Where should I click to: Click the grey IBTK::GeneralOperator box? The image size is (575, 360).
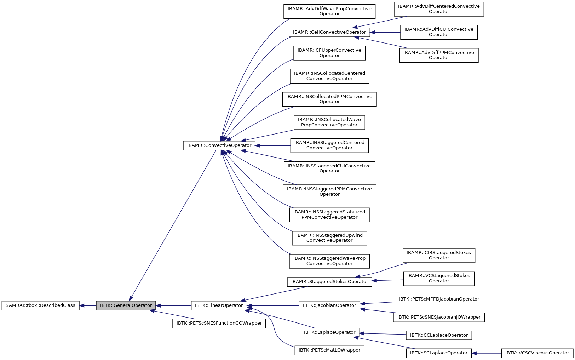[126, 305]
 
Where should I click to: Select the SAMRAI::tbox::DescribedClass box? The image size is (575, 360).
[40, 305]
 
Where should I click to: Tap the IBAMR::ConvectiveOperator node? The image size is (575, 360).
[219, 145]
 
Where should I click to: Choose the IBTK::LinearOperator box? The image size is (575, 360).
[219, 305]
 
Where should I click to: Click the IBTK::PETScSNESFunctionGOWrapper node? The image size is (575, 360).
[219, 323]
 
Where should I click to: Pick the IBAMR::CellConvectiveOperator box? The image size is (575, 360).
[329, 32]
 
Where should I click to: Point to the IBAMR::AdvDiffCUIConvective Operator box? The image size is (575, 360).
[438, 32]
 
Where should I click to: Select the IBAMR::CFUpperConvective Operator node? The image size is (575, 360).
[329, 53]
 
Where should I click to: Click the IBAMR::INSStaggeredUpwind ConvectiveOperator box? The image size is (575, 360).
[329, 238]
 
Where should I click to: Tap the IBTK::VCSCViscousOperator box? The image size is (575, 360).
[537, 353]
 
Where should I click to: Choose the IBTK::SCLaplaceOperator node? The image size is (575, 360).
[438, 353]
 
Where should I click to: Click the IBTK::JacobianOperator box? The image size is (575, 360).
[329, 305]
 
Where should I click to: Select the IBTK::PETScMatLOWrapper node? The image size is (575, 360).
[329, 350]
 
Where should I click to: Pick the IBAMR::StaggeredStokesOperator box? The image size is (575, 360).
[329, 282]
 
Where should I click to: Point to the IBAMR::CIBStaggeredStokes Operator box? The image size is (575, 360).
[438, 255]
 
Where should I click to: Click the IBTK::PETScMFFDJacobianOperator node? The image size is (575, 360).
[438, 299]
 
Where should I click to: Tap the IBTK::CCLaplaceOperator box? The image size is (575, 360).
[438, 335]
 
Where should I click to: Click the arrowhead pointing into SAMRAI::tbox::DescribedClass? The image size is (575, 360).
[82, 305]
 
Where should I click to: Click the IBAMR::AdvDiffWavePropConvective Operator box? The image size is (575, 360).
[329, 11]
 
